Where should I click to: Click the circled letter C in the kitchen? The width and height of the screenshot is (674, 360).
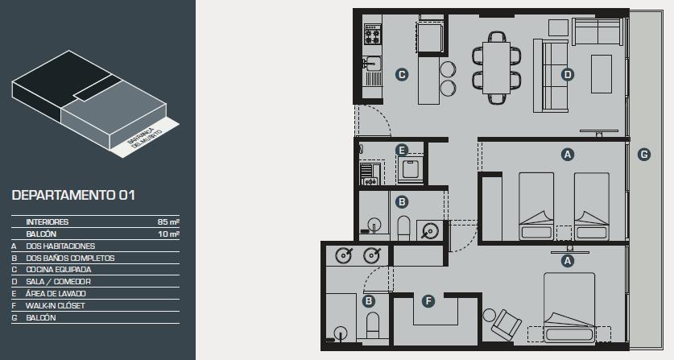point(402,75)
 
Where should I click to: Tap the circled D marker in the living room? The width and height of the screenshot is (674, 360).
point(568,75)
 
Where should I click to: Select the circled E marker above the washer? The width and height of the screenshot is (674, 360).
point(402,150)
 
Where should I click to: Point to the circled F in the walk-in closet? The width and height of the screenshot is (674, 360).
point(428,301)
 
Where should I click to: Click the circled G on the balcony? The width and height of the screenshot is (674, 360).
point(643,155)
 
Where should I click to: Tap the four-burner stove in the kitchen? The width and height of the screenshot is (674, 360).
point(372,35)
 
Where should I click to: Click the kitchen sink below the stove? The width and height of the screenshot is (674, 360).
point(372,64)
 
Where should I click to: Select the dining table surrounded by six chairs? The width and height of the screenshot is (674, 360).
point(496,68)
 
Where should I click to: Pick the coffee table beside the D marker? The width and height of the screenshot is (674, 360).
point(602,74)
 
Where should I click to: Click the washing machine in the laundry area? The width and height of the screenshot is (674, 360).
point(411,169)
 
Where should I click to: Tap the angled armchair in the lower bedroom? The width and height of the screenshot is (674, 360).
point(506,325)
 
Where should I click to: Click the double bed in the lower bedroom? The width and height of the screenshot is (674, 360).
point(569,308)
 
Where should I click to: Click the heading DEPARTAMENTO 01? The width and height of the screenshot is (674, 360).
point(73,195)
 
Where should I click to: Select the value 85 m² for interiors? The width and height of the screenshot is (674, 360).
point(168,222)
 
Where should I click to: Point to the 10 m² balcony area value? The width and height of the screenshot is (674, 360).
point(168,234)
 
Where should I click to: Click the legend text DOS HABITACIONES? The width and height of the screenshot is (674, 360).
point(60,246)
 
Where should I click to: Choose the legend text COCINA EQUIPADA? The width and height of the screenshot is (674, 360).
point(59,270)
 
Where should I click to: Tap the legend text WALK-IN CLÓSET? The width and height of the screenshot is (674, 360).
point(55,306)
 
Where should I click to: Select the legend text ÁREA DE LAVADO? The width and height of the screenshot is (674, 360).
point(56,293)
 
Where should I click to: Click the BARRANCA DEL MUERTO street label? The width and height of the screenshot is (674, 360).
point(144,138)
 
